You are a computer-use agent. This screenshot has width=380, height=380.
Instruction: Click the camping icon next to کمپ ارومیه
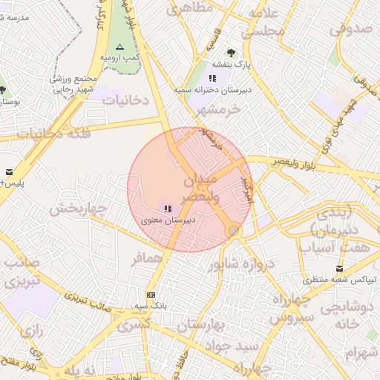120,46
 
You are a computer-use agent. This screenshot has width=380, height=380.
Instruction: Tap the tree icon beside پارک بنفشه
231,53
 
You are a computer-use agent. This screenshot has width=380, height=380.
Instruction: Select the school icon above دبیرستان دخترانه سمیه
213,77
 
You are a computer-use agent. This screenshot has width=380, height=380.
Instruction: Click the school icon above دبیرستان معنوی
168,209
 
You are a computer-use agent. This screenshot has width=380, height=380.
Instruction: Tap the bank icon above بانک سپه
151,295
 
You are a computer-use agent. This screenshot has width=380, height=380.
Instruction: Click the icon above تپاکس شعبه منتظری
340,269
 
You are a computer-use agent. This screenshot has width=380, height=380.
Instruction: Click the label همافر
147,259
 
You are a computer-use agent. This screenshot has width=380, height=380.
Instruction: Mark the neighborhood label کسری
134,324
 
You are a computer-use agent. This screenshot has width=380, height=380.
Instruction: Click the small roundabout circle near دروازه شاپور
235,231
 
